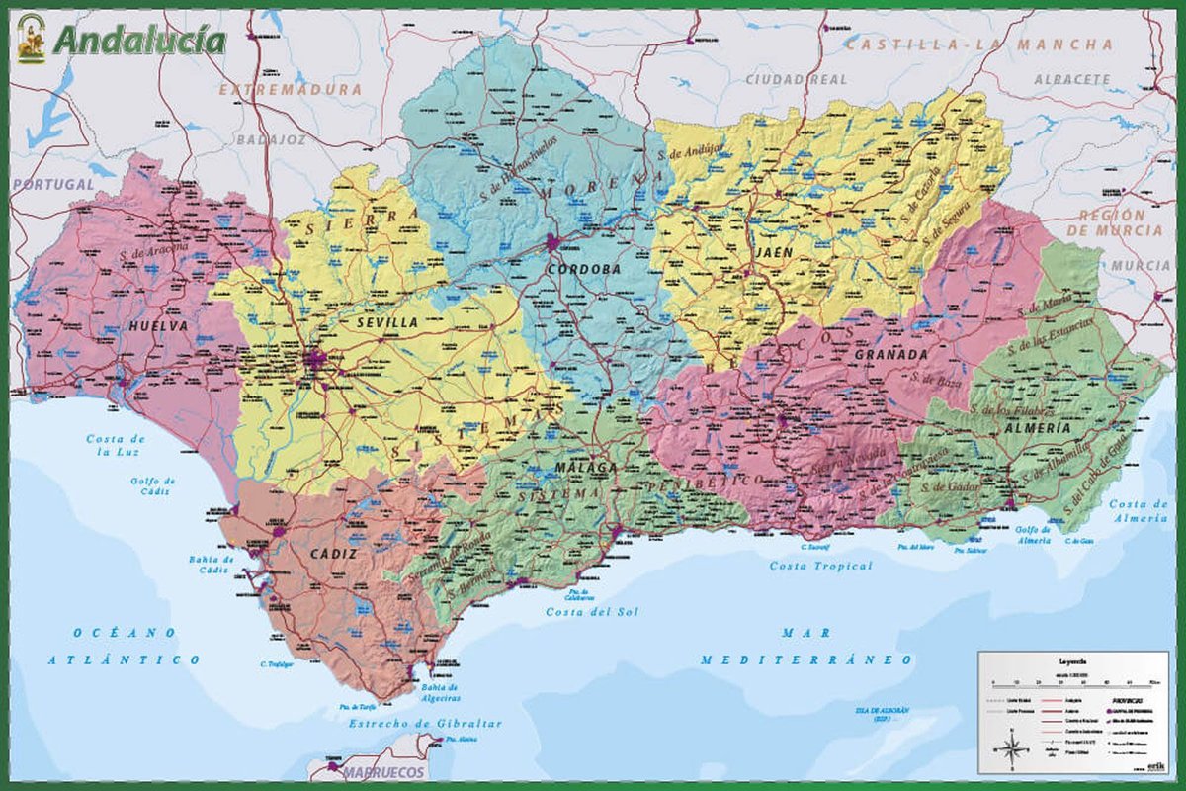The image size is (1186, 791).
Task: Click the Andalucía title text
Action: click(139, 41)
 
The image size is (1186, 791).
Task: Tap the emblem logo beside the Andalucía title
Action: click(31, 39)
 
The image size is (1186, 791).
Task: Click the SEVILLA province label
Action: click(387, 322)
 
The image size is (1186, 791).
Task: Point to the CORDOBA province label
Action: click(582, 269)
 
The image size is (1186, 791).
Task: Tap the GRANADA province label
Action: click(891, 354)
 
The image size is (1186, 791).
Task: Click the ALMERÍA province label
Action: click(1037, 428)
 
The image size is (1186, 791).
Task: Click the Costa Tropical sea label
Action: click(822, 566)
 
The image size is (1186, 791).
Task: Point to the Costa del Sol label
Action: click(592, 612)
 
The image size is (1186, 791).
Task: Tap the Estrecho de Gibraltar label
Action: click(425, 724)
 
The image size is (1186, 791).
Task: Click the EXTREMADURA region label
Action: click(291, 89)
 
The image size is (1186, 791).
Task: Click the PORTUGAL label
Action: click(52, 184)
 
